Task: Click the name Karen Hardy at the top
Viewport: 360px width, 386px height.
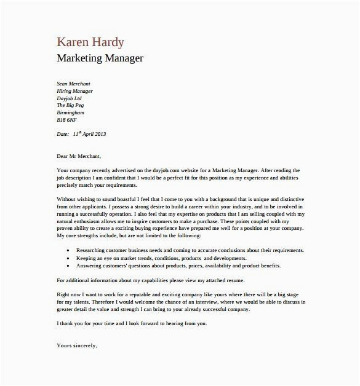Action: (90, 42)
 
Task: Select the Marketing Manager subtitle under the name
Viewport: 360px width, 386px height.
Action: (100, 59)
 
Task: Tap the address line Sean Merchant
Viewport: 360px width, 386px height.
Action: (73, 84)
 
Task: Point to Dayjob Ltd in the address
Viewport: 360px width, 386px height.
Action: (69, 98)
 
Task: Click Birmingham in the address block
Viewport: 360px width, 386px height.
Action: (70, 113)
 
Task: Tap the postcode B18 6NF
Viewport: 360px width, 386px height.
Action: (66, 120)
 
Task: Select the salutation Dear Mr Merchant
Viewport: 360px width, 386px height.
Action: (78, 156)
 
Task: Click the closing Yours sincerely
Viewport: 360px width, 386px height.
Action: (76, 346)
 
